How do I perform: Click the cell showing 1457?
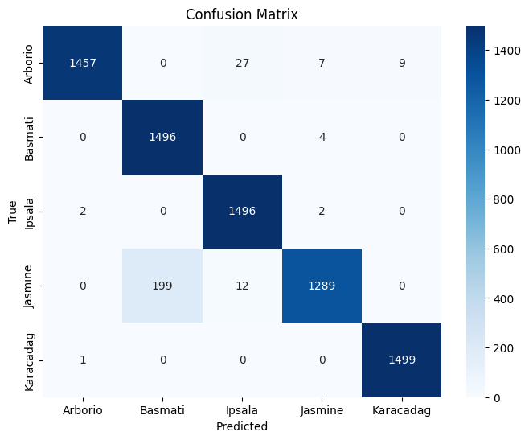tap(82, 63)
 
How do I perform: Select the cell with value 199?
tap(162, 286)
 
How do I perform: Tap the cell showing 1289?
tap(322, 286)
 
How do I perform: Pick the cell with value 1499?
tap(401, 360)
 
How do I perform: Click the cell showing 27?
tap(242, 63)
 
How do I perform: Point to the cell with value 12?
tap(242, 286)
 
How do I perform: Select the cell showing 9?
tap(401, 63)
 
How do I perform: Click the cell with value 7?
tap(322, 63)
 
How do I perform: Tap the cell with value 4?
tap(322, 137)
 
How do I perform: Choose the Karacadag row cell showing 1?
tap(82, 360)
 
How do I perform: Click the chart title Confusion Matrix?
tap(242, 14)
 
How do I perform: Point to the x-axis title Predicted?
tap(242, 426)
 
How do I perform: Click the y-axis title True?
tap(12, 212)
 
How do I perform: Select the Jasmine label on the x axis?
tap(322, 410)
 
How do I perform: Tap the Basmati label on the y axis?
tap(29, 139)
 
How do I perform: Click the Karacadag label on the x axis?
tap(401, 410)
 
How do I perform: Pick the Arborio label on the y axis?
tap(29, 64)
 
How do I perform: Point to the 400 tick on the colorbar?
tap(503, 299)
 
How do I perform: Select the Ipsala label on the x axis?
tap(242, 410)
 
